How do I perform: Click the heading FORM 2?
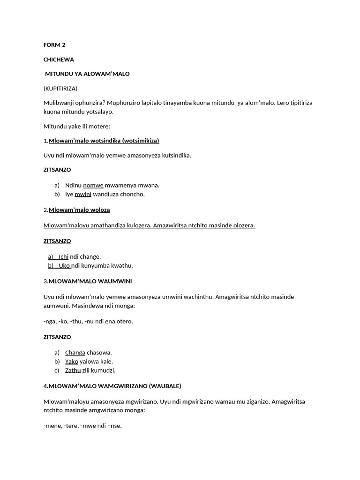click(x=54, y=45)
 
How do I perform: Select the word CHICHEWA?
click(x=59, y=60)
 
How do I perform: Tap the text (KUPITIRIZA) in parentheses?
click(x=60, y=88)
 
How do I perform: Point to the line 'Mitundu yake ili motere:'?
click(x=77, y=126)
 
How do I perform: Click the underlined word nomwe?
click(x=93, y=185)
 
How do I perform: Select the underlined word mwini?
click(x=83, y=194)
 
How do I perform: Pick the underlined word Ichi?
click(x=64, y=256)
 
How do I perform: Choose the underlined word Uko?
click(x=64, y=265)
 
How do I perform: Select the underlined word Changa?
click(x=75, y=352)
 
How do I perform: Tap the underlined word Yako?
click(x=72, y=361)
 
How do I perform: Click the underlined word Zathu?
click(x=73, y=370)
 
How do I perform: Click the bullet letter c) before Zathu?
click(x=57, y=370)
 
